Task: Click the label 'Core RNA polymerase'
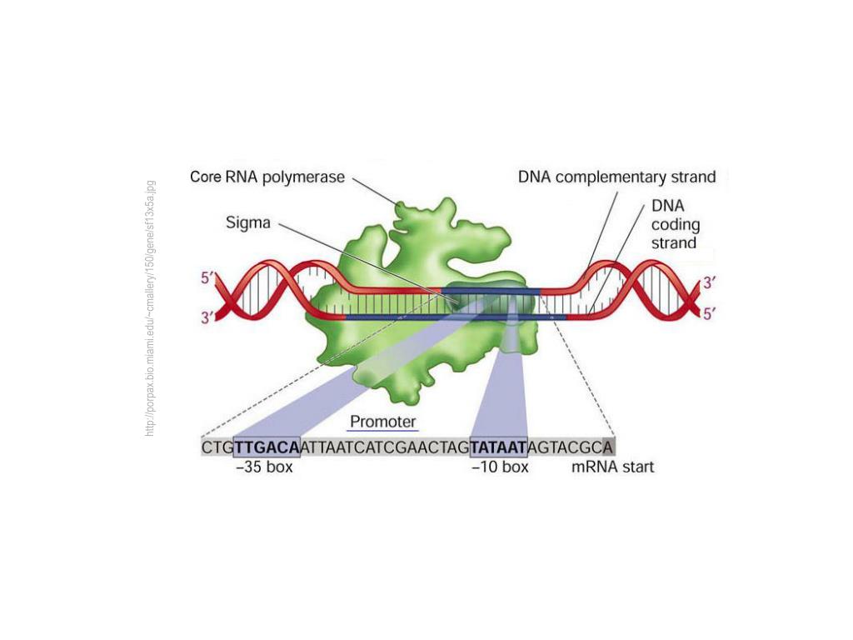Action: click(267, 177)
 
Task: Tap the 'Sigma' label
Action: click(249, 223)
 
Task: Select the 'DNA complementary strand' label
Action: click(616, 177)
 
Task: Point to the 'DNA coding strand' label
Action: click(674, 223)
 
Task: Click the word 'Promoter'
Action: click(382, 422)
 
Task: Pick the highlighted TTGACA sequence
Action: click(267, 447)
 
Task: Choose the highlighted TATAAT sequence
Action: click(498, 447)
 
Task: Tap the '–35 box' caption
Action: click(265, 467)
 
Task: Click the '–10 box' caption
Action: click(500, 467)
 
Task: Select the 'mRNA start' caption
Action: click(612, 467)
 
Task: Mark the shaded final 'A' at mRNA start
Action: click(608, 447)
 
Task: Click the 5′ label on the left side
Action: click(207, 279)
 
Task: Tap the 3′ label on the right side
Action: click(710, 282)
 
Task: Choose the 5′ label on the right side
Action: click(710, 314)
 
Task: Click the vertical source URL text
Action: click(150, 308)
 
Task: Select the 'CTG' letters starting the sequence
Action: click(217, 447)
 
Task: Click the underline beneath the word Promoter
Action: click(382, 431)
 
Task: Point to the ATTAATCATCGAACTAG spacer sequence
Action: click(385, 447)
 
